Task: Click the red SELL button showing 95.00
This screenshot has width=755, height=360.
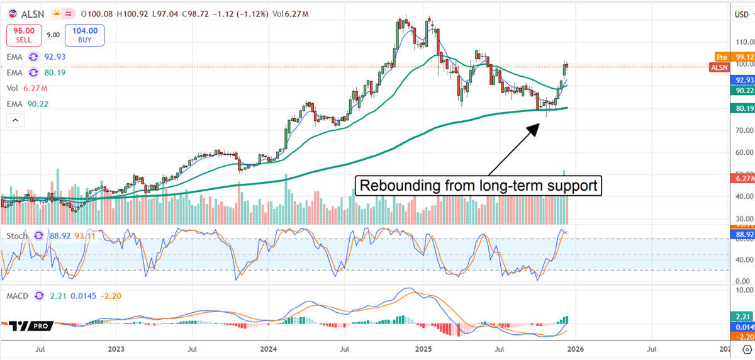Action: (23, 35)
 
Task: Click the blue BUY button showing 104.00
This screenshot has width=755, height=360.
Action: (84, 35)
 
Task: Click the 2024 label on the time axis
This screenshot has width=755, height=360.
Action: (269, 347)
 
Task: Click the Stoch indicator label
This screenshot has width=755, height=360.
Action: (17, 235)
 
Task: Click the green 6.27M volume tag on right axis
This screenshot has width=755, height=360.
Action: (741, 179)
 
